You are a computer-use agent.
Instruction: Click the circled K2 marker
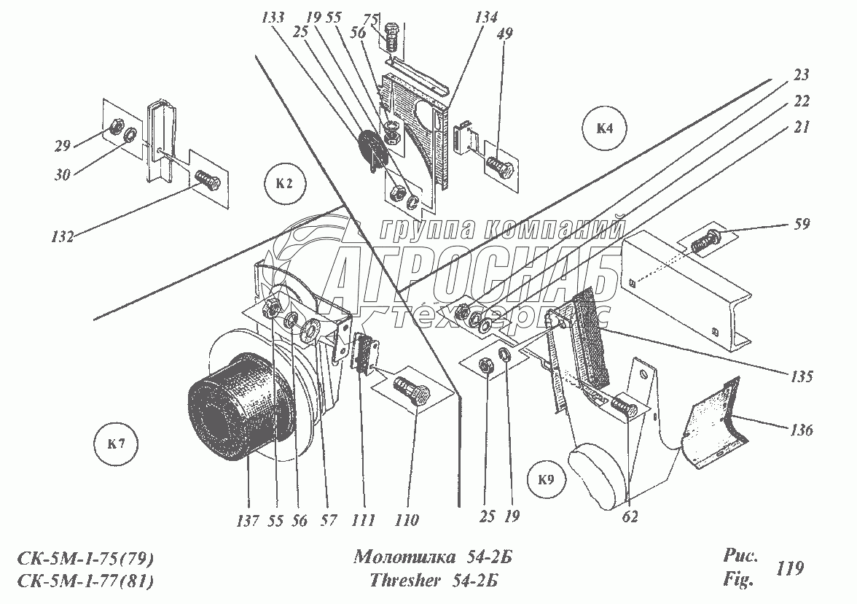[x=285, y=183]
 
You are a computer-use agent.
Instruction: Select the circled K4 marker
[x=604, y=129]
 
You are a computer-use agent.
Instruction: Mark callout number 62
[x=630, y=516]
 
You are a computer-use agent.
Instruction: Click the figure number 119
[x=791, y=568]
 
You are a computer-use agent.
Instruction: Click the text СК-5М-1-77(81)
[x=86, y=581]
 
